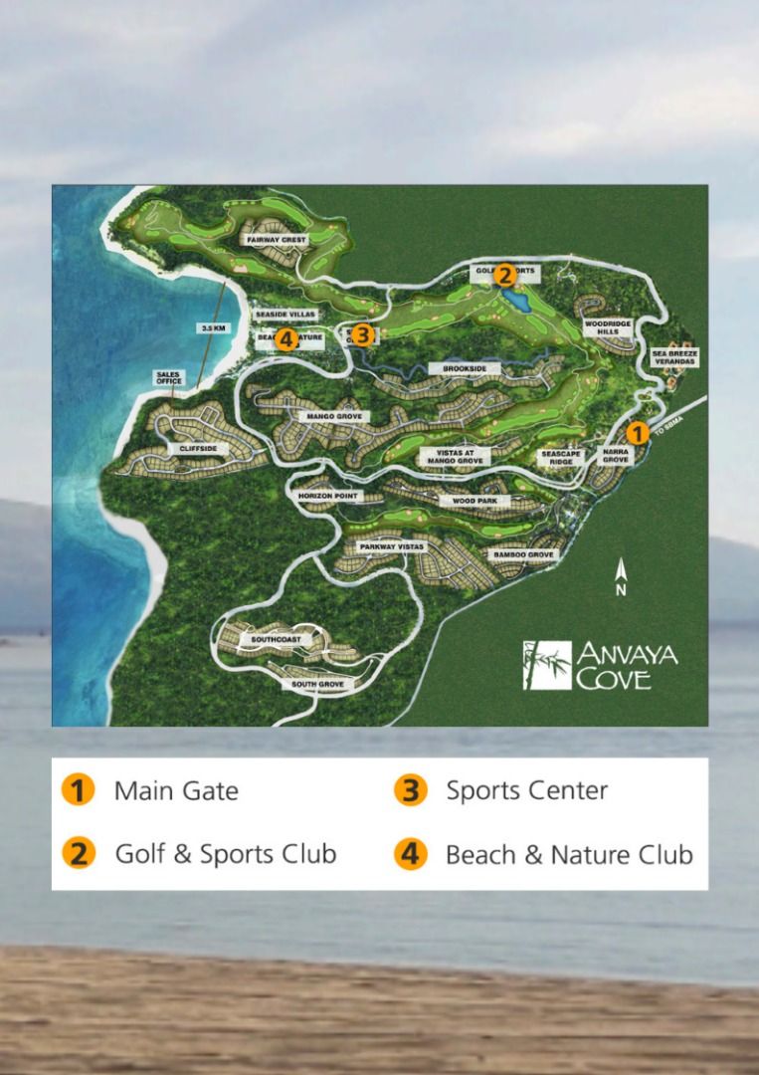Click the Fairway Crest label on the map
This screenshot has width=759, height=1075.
point(278,240)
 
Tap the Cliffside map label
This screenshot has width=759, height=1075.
point(198,449)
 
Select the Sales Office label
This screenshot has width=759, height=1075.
point(168,378)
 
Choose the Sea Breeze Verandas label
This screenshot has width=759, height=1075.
point(675,356)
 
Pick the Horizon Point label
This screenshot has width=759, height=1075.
point(325,495)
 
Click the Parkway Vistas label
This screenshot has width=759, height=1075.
point(385,546)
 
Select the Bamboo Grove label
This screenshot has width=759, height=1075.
point(521,554)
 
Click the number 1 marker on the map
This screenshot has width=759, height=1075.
point(637,433)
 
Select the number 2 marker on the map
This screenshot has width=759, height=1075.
point(504,276)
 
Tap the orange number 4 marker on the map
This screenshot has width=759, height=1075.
point(286,340)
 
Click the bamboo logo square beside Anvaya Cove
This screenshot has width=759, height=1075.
point(547,665)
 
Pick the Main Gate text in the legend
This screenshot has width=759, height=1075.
point(176,791)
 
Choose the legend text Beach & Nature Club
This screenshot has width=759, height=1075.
point(569,854)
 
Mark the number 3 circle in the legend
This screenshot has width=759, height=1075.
point(410,791)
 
